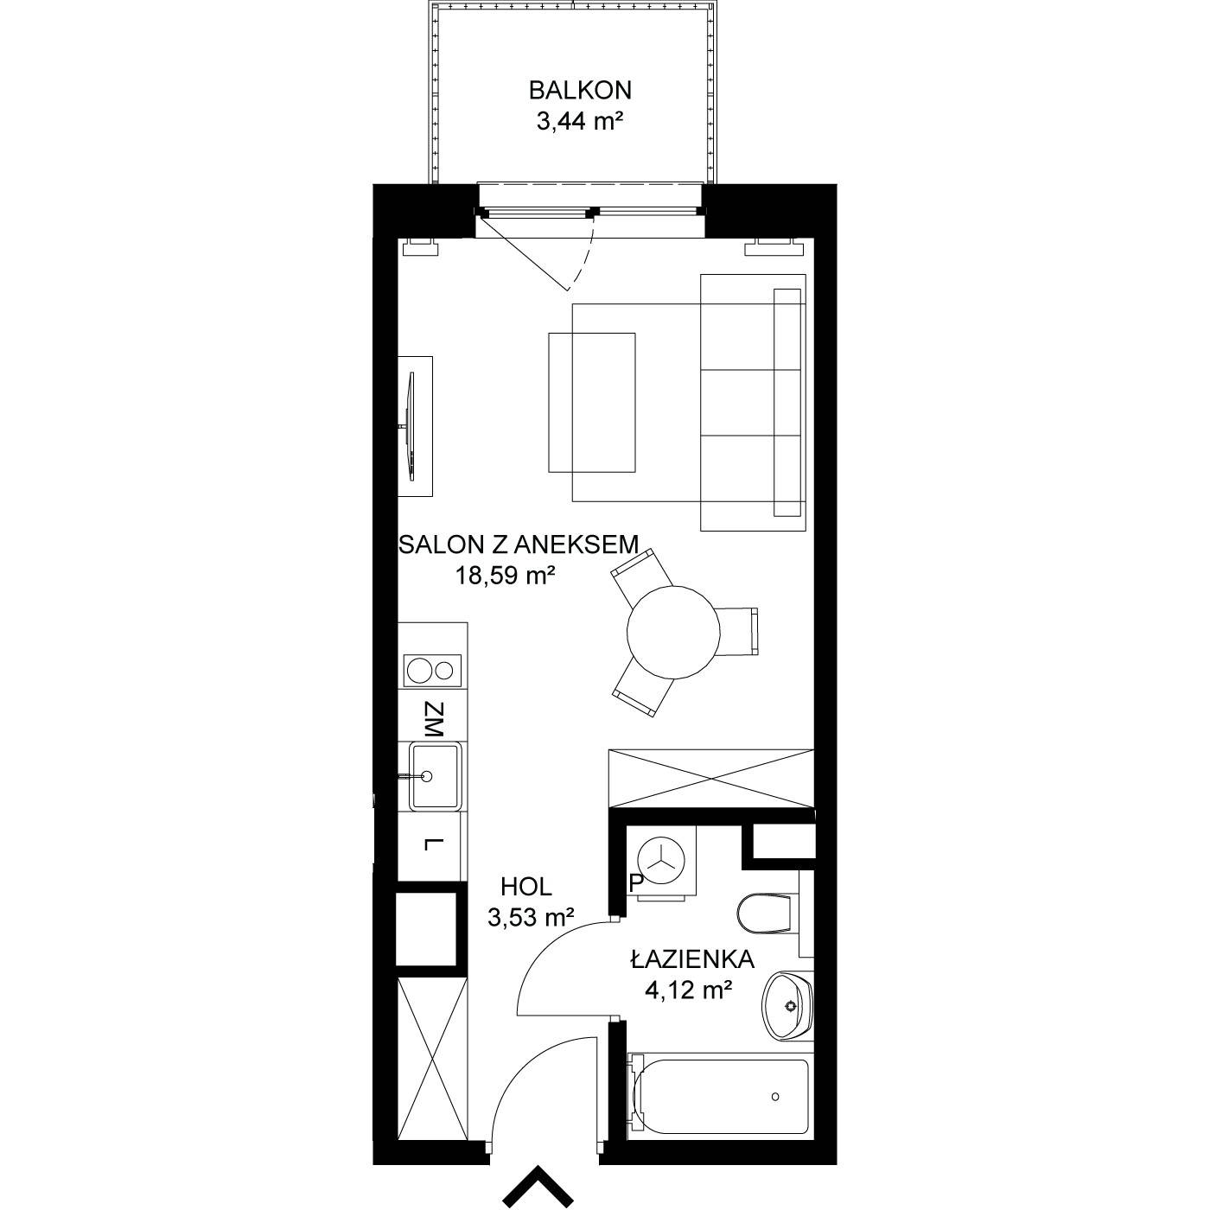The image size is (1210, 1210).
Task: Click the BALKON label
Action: (580, 91)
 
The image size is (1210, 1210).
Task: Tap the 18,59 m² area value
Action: (506, 575)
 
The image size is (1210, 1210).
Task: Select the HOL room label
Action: (526, 887)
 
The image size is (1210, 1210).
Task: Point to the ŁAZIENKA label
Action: (692, 959)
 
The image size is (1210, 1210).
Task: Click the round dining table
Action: (673, 632)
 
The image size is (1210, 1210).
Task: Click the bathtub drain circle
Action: (775, 1097)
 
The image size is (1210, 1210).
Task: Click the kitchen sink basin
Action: (435, 777)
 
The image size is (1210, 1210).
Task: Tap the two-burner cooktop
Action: (433, 671)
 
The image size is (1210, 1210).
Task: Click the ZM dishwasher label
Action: (434, 720)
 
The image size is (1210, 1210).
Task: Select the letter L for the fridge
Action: (430, 844)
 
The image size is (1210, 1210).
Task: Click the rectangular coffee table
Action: (591, 403)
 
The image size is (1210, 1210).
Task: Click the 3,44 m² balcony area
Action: (580, 120)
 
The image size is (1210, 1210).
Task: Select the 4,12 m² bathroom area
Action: (689, 990)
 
